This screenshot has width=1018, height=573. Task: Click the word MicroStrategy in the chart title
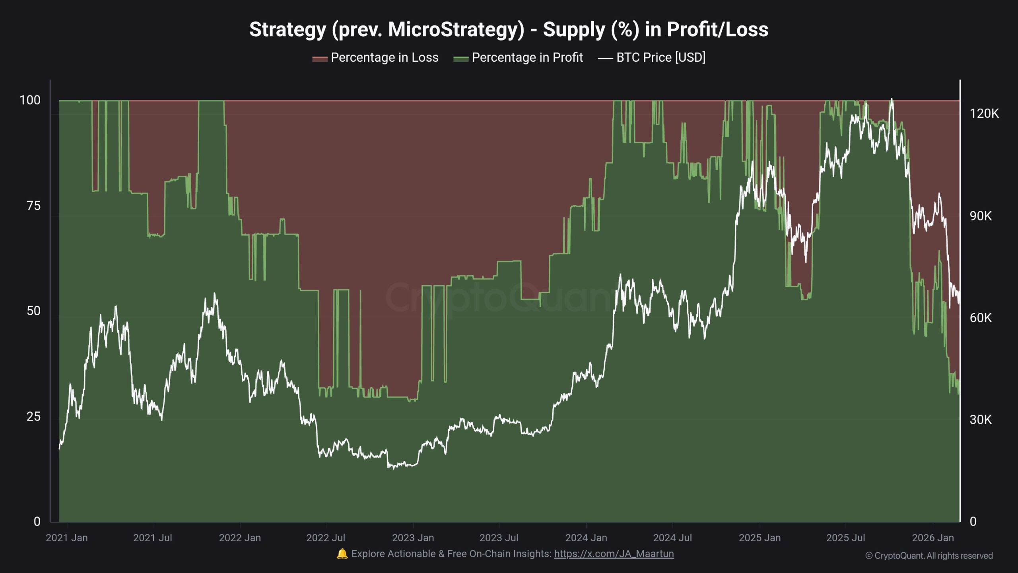(x=456, y=30)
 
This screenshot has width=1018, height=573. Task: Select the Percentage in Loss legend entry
(x=375, y=58)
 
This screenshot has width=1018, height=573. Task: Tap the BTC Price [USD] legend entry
(x=652, y=58)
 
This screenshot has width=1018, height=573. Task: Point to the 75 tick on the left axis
(x=33, y=206)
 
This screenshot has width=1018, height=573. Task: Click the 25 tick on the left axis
(x=33, y=417)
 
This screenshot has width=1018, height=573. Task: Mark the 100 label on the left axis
(x=30, y=100)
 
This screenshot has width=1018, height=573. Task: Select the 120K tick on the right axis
(x=984, y=114)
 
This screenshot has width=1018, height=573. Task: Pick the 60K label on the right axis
(x=981, y=318)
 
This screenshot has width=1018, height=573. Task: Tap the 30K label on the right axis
(x=981, y=419)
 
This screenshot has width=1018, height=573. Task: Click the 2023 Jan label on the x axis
(x=413, y=538)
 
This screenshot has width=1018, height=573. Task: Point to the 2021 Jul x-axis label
(x=152, y=538)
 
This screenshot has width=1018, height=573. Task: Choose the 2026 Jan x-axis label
(x=933, y=538)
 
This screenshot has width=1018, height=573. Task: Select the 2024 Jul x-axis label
(x=672, y=538)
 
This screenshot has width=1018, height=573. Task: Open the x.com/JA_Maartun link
(x=614, y=554)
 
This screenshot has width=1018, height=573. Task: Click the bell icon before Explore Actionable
(x=342, y=554)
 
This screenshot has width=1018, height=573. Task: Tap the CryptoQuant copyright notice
(x=929, y=556)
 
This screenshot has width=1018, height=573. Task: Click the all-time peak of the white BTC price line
(x=892, y=99)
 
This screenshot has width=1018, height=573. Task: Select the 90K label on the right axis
(x=981, y=216)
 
